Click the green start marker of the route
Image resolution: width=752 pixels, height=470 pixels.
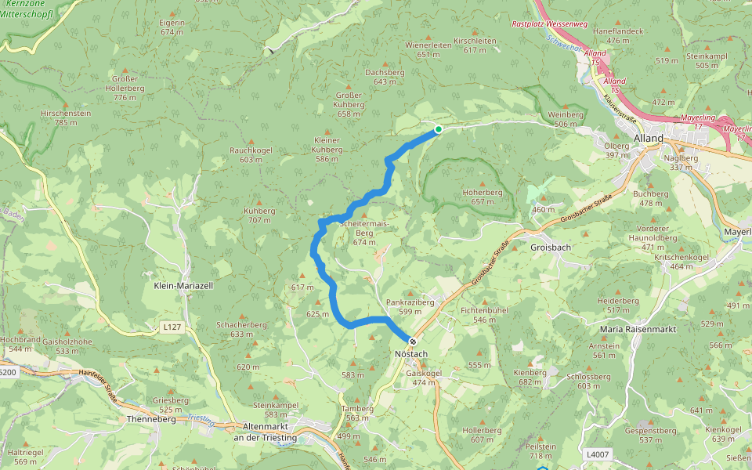point(439,129)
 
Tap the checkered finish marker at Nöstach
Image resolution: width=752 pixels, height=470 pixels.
point(412,342)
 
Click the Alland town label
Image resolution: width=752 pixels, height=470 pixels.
point(649,139)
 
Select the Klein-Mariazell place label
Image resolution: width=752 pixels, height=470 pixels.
point(183,287)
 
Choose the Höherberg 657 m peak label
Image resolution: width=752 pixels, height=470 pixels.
point(483,197)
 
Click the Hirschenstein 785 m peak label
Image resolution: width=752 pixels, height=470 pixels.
point(66,117)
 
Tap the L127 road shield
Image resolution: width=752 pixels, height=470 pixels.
point(172,327)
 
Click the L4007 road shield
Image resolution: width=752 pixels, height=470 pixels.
point(597,454)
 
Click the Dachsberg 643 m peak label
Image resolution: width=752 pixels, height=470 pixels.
point(385,76)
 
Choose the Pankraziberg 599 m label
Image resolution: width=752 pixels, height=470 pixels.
point(410,306)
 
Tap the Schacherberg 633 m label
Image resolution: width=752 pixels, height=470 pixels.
point(236,329)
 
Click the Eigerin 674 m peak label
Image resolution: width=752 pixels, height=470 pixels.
point(172,27)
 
